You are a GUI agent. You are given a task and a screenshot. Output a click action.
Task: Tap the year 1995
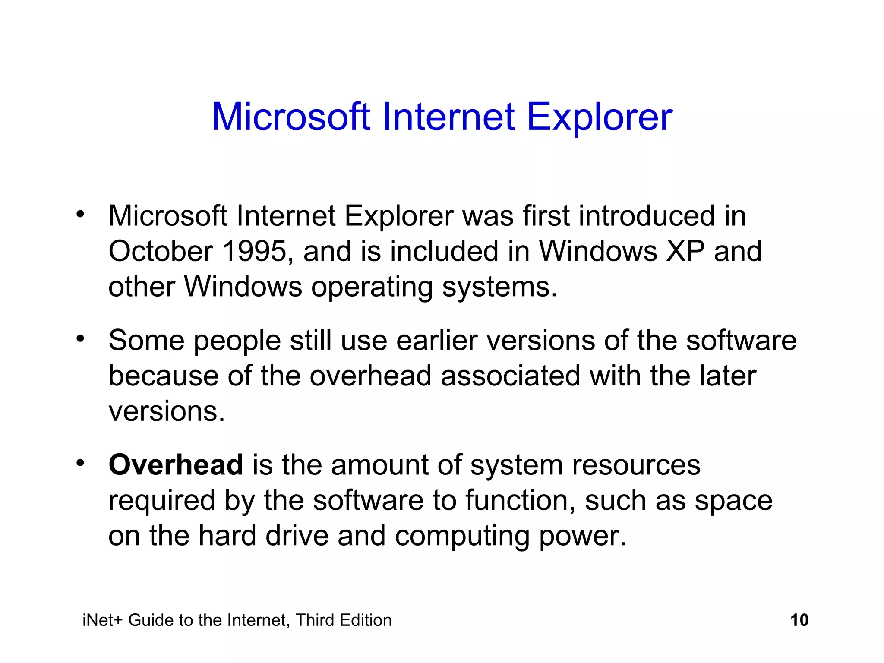click(x=254, y=251)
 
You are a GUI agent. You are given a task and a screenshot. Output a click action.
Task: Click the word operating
click(x=372, y=287)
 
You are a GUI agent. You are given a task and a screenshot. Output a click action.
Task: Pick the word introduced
click(x=647, y=216)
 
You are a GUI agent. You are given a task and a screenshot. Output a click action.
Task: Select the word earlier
click(x=437, y=341)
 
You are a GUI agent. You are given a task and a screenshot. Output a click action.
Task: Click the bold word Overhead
click(x=176, y=465)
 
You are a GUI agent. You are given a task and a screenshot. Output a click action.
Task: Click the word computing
click(x=462, y=537)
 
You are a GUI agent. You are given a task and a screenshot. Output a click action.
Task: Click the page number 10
click(x=799, y=620)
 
